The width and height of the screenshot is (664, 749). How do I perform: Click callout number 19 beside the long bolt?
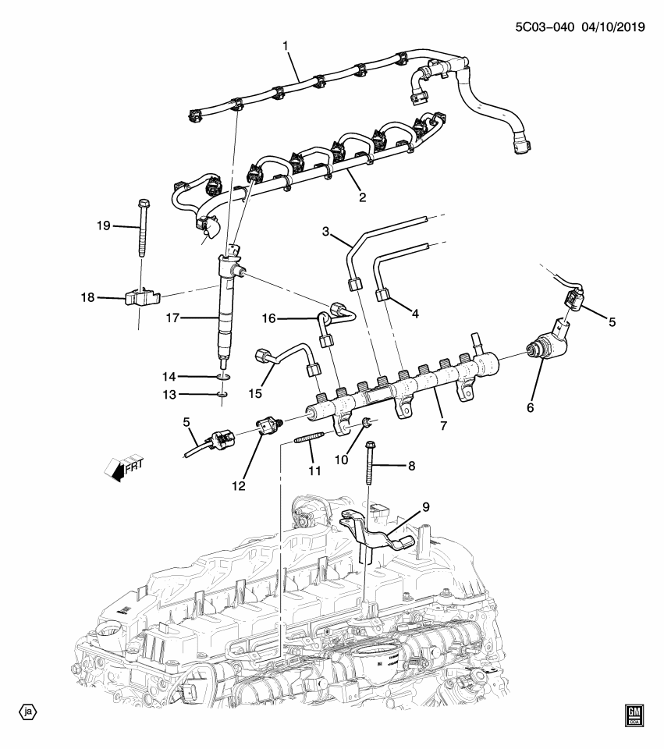pyautogui.click(x=104, y=226)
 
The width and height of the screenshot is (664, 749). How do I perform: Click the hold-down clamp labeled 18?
pyautogui.click(x=141, y=298)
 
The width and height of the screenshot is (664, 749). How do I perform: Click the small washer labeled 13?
pyautogui.click(x=222, y=395)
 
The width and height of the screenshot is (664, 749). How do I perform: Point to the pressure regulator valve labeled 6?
pyautogui.click(x=546, y=346)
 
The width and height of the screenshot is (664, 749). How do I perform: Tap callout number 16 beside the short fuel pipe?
pyautogui.click(x=269, y=318)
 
